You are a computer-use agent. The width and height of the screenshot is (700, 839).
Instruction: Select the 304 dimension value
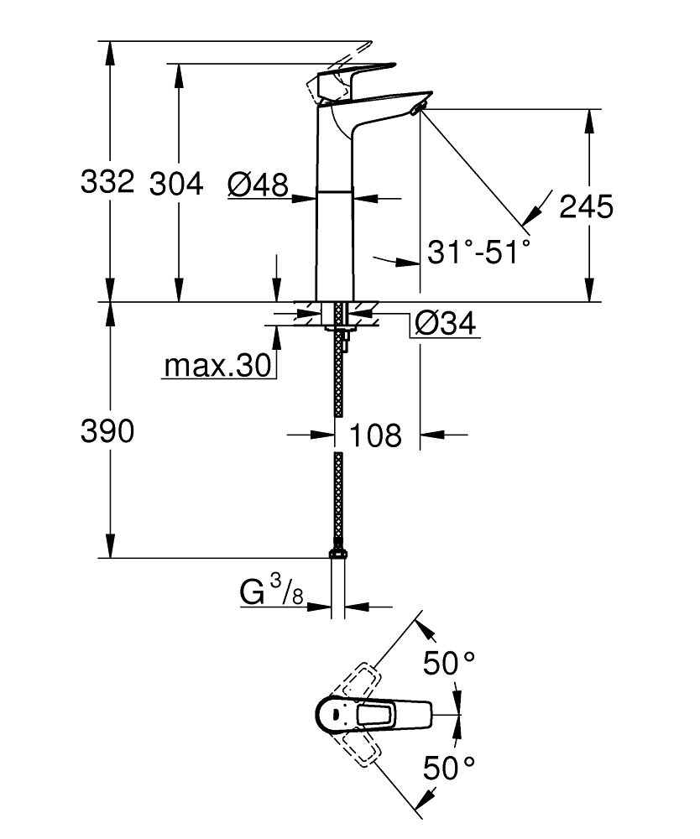(x=176, y=183)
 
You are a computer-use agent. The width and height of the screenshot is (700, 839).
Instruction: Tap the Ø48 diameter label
(x=258, y=183)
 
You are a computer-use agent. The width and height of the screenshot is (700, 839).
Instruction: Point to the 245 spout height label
(x=587, y=206)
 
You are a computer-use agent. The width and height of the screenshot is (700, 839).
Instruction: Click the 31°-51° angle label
(x=479, y=251)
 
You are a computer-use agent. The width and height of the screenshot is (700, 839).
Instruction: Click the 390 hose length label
(x=107, y=433)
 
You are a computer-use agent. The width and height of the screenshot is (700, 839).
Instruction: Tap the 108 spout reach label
(x=375, y=435)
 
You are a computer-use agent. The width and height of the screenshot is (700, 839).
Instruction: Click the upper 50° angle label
(x=447, y=664)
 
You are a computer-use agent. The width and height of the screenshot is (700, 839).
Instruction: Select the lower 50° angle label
(x=447, y=765)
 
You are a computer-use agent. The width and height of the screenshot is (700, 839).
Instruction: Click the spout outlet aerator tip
(x=420, y=108)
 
